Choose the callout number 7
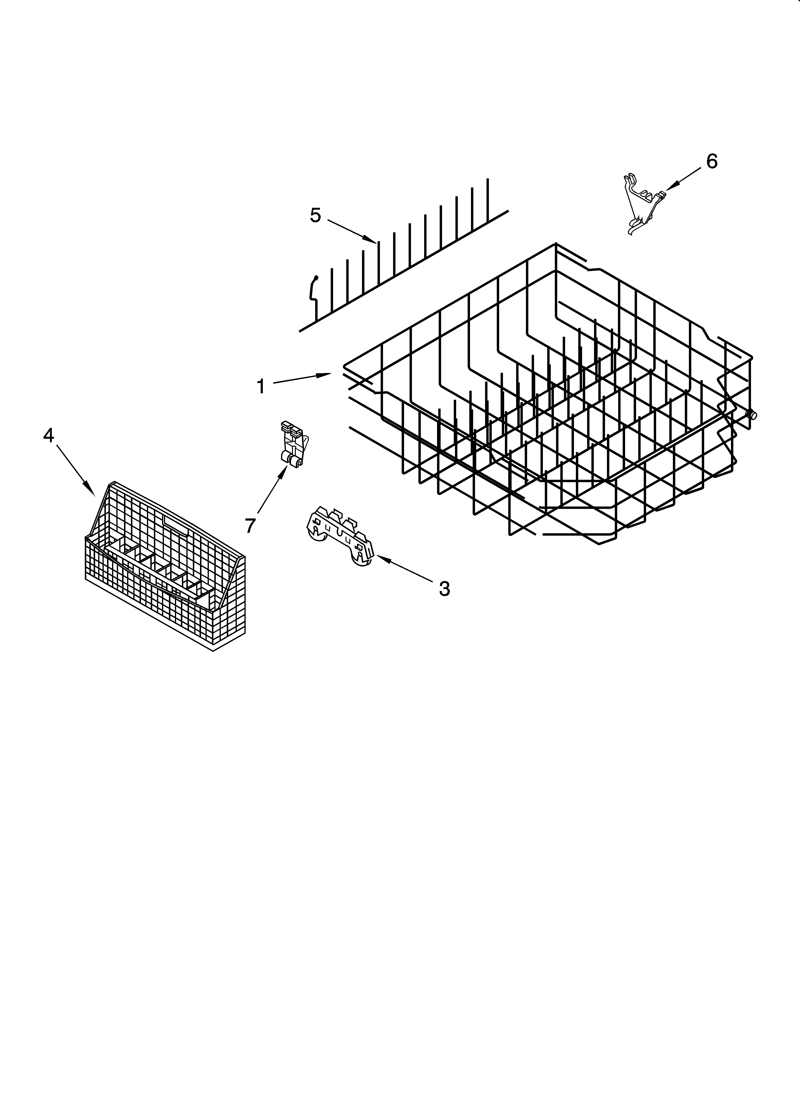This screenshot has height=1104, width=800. tap(250, 525)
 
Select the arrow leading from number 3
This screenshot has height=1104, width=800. tap(404, 570)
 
